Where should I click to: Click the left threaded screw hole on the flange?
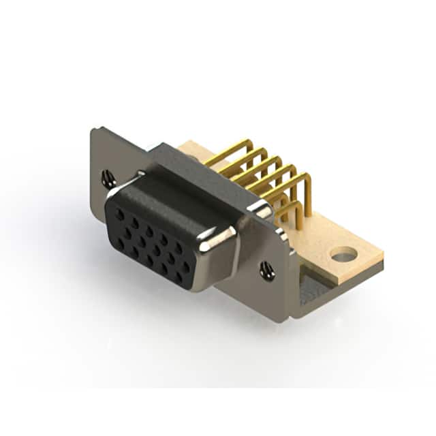108,179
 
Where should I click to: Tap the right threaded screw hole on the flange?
267,270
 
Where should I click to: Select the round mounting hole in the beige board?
344,255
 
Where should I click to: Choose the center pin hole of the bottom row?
149,260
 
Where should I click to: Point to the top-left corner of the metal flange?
94,130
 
